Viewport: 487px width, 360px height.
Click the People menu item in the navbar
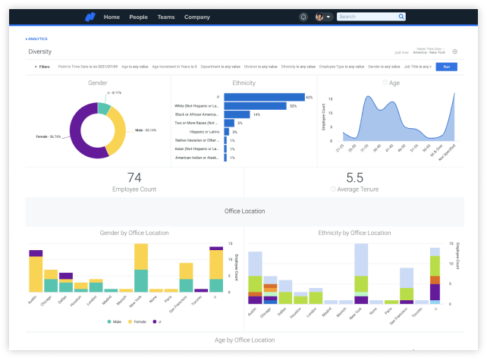(138, 17)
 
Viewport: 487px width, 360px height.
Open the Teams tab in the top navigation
(165, 17)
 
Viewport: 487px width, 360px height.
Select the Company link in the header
(197, 17)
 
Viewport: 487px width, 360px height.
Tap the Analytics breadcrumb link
(36, 39)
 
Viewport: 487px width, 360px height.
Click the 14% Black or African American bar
(237, 114)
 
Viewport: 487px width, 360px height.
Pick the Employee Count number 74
(134, 177)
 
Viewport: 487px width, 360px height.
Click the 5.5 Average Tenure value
(354, 177)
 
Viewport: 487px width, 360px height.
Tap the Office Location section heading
(243, 211)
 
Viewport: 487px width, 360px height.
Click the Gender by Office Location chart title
(134, 233)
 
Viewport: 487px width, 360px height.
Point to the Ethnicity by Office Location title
(353, 233)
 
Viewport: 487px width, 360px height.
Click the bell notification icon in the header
(303, 17)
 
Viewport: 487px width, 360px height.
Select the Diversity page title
(40, 52)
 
